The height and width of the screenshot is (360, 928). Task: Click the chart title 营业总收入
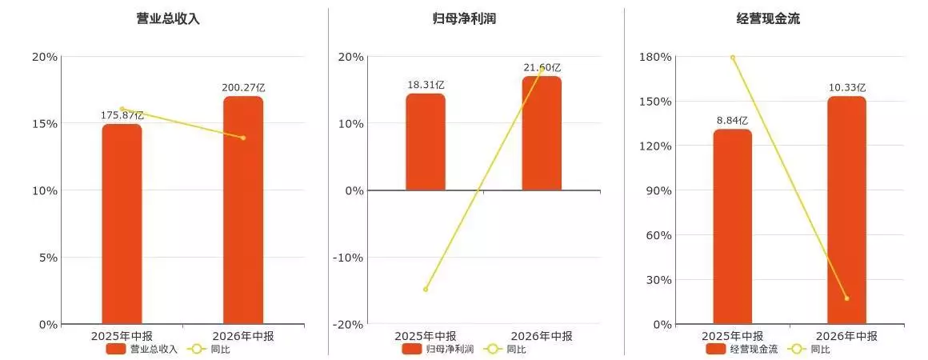[168, 18]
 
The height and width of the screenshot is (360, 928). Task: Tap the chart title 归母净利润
[464, 18]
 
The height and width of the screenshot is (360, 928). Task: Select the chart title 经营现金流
[768, 18]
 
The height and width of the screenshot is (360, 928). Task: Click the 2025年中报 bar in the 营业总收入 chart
[122, 225]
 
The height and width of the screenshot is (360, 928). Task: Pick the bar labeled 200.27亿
[243, 210]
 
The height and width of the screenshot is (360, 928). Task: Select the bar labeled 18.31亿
[426, 142]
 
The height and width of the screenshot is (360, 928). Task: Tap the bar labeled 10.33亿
[846, 210]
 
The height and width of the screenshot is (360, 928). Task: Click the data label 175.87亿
[122, 115]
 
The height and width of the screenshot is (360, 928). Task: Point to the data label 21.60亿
[542, 67]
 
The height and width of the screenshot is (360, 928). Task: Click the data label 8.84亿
[733, 120]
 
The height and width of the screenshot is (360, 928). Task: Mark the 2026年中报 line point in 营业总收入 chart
[243, 138]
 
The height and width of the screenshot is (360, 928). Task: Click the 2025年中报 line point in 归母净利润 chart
[426, 290]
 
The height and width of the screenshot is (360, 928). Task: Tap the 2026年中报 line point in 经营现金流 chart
[846, 298]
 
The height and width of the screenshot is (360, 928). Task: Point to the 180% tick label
[655, 57]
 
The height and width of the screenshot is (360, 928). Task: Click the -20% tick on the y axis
[348, 325]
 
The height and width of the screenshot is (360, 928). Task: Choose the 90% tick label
[658, 190]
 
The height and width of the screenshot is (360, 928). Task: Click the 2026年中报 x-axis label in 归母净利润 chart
[542, 336]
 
